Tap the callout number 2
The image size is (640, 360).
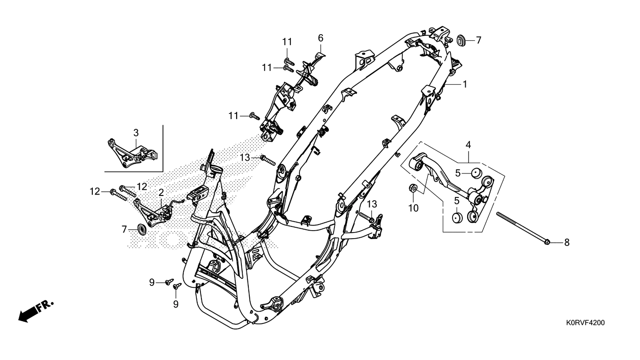[161, 192]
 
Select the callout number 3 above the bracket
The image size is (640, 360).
[136, 132]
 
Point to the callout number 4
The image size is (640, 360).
[468, 144]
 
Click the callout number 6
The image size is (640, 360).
[321, 37]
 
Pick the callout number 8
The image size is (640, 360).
[566, 242]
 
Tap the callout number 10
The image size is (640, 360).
[413, 208]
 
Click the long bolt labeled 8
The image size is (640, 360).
[522, 228]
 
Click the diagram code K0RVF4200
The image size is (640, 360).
[585, 323]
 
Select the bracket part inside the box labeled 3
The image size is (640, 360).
[131, 153]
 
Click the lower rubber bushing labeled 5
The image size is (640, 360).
[458, 217]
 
